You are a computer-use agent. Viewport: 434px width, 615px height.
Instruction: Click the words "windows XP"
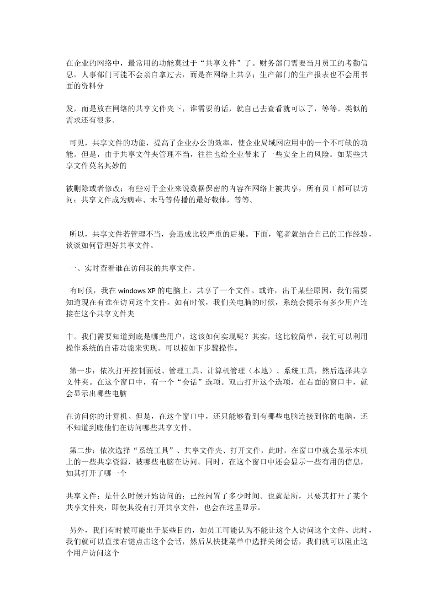point(138,290)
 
